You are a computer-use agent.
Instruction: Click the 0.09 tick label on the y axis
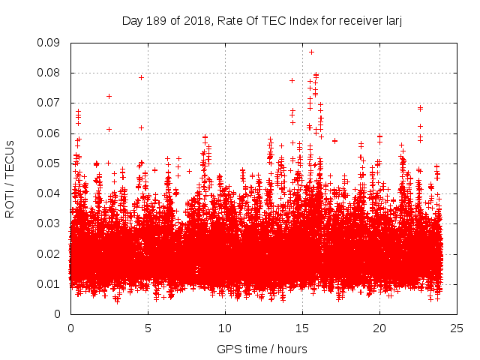[x=51, y=43]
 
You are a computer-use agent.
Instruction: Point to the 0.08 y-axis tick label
[x=51, y=73]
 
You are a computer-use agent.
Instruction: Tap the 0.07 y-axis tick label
[x=51, y=103]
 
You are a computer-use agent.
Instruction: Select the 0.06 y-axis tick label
[x=51, y=133]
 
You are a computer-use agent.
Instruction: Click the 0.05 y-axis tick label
[x=51, y=163]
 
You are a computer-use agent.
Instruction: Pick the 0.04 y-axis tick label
[x=51, y=193]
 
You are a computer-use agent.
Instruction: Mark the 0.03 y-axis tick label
[x=51, y=223]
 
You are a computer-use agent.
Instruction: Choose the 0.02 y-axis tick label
[x=51, y=253]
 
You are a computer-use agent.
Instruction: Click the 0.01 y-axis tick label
[x=51, y=283]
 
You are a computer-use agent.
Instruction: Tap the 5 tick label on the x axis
[x=148, y=328]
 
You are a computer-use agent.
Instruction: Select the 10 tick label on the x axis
[x=225, y=328]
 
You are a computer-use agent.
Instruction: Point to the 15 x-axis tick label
[x=302, y=328]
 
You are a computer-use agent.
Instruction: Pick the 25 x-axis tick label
[x=457, y=328]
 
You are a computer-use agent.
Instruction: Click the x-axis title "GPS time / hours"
[x=262, y=349]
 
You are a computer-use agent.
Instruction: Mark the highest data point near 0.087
[x=311, y=52]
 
